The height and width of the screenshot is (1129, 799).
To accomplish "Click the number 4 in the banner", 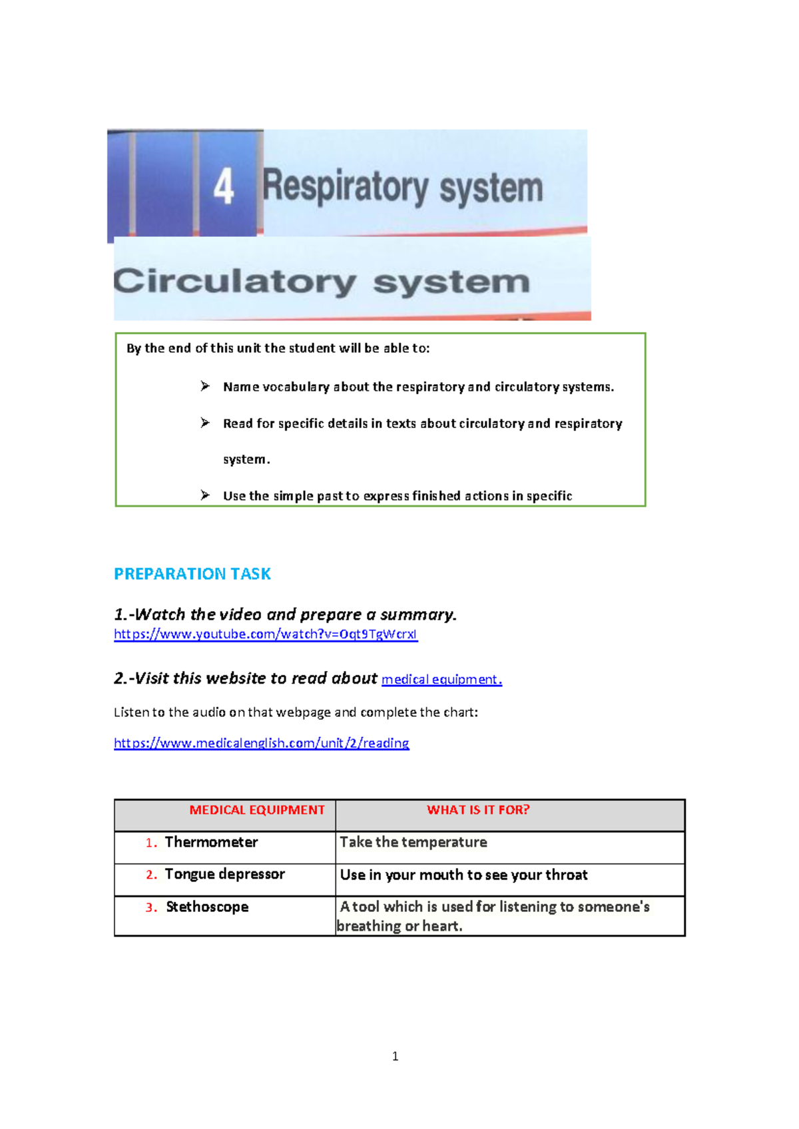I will tap(224, 186).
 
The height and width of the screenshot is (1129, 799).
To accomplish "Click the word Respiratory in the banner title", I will tap(345, 187).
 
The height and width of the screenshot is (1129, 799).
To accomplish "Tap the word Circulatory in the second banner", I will tap(235, 282).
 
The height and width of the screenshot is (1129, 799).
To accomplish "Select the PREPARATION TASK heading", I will tap(192, 574).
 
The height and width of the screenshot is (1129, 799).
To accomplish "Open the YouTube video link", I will tap(266, 634).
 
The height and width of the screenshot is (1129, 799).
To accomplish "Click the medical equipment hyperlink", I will tap(441, 679).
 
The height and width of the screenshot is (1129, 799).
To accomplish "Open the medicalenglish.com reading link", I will tap(262, 743).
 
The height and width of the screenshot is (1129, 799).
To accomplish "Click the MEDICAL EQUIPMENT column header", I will tap(257, 810).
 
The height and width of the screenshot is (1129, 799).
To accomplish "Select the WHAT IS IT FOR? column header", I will tap(478, 810).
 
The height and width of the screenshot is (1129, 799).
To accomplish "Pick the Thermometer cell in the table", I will tap(211, 842).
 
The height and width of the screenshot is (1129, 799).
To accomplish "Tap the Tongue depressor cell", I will tap(224, 874).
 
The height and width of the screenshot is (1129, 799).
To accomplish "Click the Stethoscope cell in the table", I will tap(207, 907).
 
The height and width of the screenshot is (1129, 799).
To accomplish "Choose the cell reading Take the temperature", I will tap(413, 842).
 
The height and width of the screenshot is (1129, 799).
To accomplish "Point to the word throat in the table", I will tap(567, 875).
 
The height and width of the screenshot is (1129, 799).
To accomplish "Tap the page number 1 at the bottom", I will tap(396, 1056).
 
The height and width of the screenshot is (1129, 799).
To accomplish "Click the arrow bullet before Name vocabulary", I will tap(205, 386).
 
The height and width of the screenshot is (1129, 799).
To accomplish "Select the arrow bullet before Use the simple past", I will tap(205, 495).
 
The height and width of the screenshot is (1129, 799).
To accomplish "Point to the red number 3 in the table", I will tap(150, 907).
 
